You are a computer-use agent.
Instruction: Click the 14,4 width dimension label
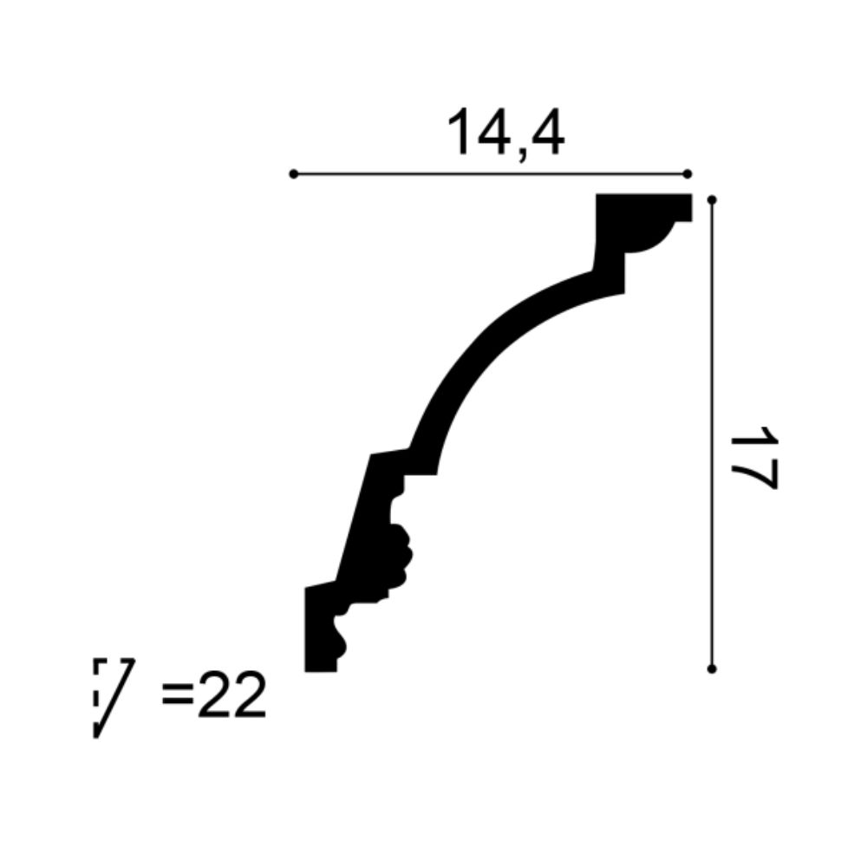(x=505, y=134)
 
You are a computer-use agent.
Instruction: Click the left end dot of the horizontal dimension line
(x=293, y=174)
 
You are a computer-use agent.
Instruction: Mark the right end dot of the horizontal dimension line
(x=688, y=174)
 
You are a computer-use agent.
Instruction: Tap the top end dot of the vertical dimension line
(x=712, y=200)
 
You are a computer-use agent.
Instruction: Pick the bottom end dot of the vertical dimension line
(x=712, y=668)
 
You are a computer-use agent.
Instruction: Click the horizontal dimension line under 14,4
(x=490, y=174)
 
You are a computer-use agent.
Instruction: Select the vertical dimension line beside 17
(x=712, y=433)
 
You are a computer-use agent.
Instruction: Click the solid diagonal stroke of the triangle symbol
(x=114, y=698)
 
